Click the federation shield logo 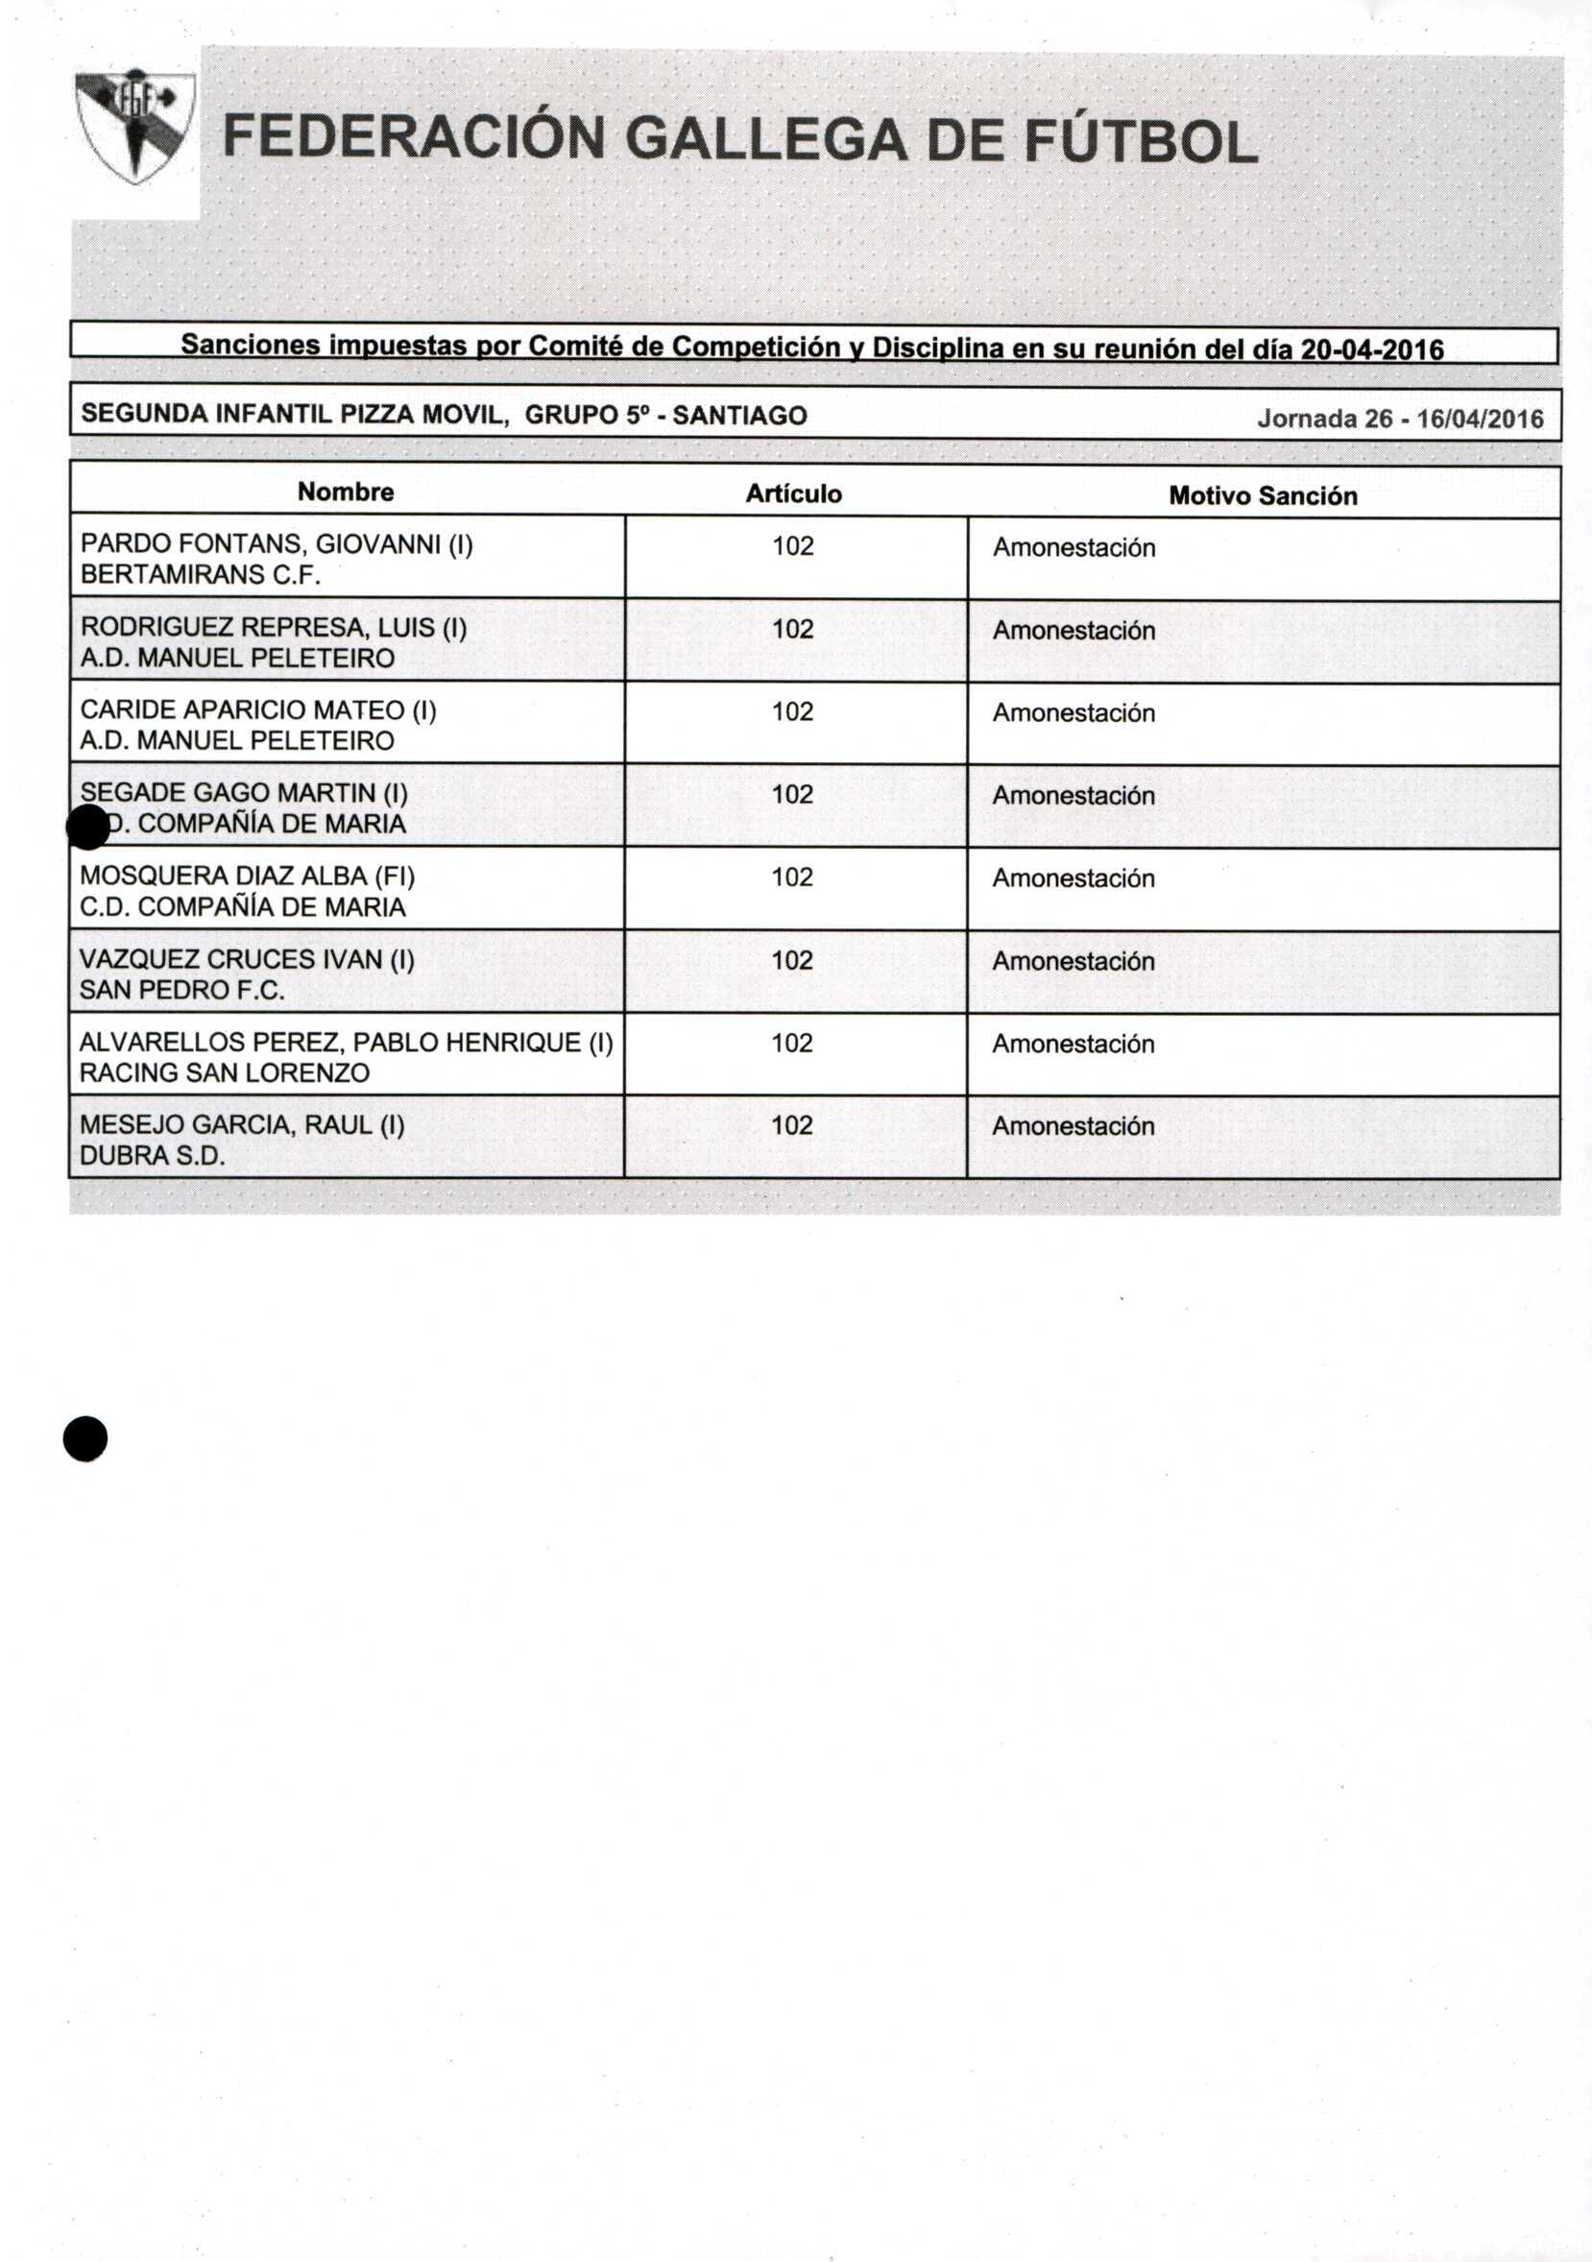click(x=135, y=125)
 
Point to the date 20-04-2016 click(x=1371, y=349)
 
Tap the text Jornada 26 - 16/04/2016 click(x=1399, y=419)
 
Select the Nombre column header click(x=346, y=492)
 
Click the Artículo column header click(x=793, y=493)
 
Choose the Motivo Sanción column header click(x=1262, y=495)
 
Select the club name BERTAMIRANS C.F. click(x=200, y=574)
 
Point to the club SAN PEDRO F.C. click(x=181, y=990)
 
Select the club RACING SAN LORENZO click(x=225, y=1072)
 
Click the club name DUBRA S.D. click(x=152, y=1156)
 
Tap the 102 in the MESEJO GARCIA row click(x=792, y=1125)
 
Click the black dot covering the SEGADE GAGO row click(x=88, y=827)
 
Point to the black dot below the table click(x=84, y=1438)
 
